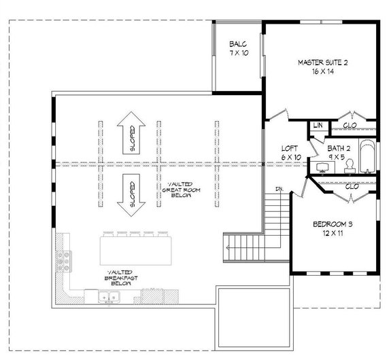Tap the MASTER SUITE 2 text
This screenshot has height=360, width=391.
pos(322,62)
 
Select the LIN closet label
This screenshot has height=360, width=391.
pos(318,126)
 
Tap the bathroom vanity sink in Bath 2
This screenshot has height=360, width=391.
pos(320,167)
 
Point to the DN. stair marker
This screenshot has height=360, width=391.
pos(279,187)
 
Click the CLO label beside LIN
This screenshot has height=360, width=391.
pos(350,126)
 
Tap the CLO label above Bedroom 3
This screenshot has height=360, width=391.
pos(352,185)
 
